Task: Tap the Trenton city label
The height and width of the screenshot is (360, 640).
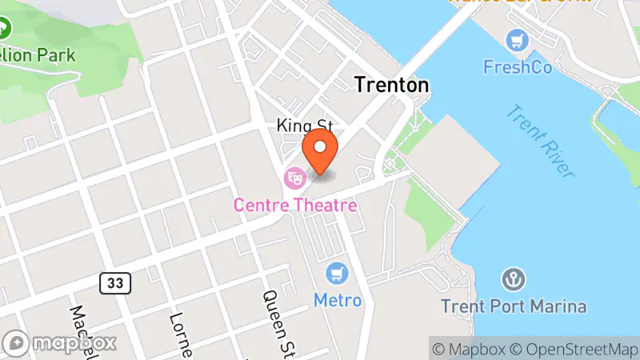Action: [x=391, y=85]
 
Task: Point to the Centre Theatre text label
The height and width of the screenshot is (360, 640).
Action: [x=294, y=206]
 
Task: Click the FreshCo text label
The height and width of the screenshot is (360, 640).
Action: [x=518, y=67]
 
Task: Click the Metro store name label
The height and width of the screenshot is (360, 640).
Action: [x=337, y=301]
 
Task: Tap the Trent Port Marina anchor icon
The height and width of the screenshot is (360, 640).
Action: [x=513, y=279]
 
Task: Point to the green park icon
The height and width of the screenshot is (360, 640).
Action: [x=4, y=30]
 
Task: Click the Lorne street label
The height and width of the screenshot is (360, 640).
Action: [x=179, y=332]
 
